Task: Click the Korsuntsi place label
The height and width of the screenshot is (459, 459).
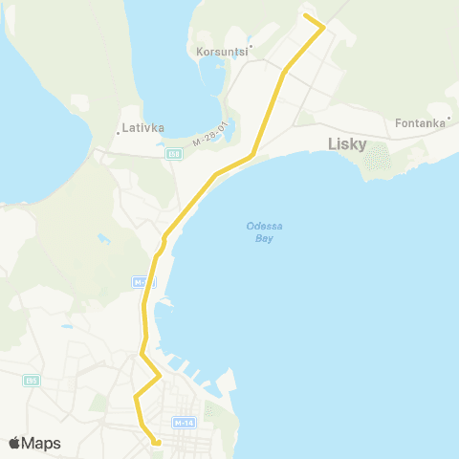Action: [221, 53]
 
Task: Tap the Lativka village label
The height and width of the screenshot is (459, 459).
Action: [143, 127]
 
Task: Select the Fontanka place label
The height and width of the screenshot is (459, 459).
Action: [420, 122]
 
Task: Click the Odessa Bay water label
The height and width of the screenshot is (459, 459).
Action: [258, 231]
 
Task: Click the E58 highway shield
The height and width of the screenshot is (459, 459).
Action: [173, 153]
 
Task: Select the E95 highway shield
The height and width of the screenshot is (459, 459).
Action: [33, 381]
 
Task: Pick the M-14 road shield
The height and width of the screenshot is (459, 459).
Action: [184, 422]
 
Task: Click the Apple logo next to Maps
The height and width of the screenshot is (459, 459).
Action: [15, 443]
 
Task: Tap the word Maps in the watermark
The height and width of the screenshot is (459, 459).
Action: [42, 443]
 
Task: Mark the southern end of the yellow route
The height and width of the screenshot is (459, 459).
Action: [156, 442]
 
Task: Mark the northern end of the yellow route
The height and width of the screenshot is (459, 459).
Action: [305, 15]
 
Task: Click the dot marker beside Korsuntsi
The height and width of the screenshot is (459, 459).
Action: [251, 45]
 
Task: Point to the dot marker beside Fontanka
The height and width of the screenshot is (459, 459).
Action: [448, 119]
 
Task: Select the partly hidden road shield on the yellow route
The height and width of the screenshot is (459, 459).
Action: [142, 283]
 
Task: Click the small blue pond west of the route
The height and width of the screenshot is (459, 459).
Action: [102, 238]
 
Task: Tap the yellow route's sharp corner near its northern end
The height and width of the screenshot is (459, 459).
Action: [323, 27]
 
